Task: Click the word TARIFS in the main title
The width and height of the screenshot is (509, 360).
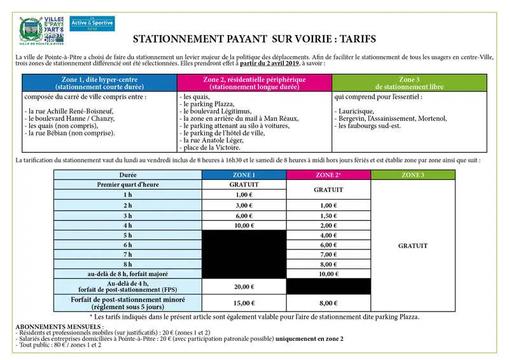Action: click(354, 39)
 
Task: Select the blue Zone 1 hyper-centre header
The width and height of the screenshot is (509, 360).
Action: click(99, 83)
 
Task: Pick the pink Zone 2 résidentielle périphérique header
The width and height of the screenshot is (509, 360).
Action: click(254, 83)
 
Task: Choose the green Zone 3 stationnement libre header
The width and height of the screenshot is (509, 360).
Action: click(408, 83)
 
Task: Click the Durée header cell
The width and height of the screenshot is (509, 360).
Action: click(128, 175)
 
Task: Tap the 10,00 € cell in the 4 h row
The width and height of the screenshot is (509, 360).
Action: click(244, 225)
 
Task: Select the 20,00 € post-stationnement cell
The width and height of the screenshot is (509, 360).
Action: click(244, 286)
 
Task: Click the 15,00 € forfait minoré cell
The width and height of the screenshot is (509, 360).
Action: click(244, 303)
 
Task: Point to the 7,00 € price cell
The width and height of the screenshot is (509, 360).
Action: click(328, 254)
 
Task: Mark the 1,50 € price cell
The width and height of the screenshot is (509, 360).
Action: click(328, 216)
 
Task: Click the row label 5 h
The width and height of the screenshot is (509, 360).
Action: click(128, 235)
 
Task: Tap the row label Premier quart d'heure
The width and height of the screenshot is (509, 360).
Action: click(128, 184)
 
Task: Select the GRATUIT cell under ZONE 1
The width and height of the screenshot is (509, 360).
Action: click(244, 184)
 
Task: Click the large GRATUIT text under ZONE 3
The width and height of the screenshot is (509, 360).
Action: click(413, 246)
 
